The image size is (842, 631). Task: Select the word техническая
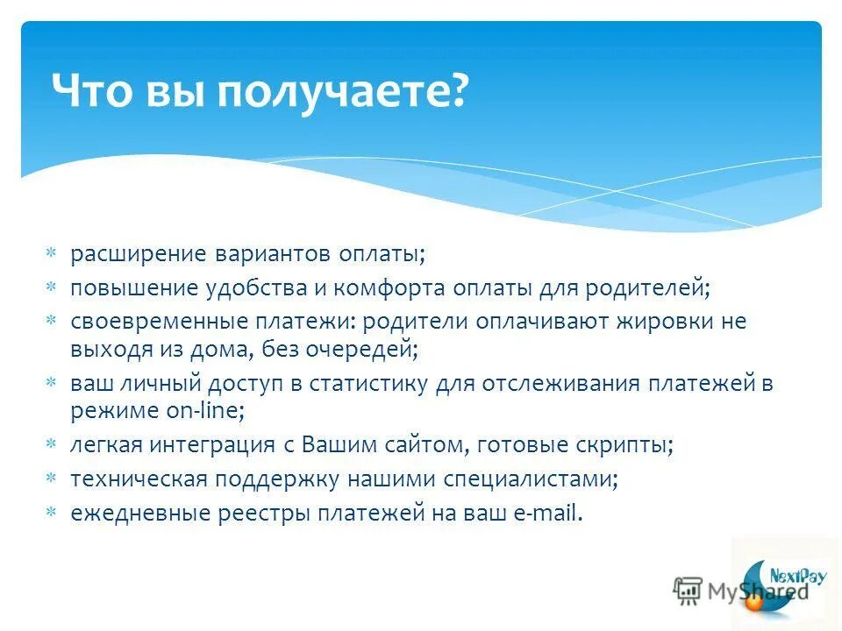[x=139, y=479]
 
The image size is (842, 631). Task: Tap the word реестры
[x=268, y=512]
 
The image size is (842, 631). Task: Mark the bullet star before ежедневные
[x=51, y=512]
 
